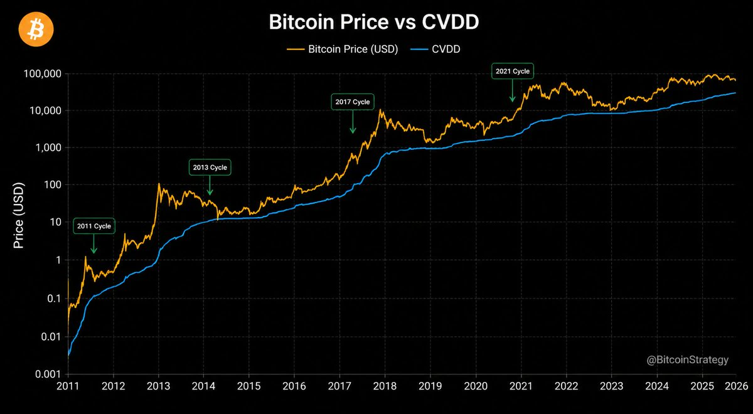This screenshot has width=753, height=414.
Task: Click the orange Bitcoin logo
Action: (36, 29)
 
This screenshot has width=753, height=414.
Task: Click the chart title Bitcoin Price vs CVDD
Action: (374, 22)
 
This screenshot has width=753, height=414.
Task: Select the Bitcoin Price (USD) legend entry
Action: (342, 49)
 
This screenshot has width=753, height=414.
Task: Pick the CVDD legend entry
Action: (435, 49)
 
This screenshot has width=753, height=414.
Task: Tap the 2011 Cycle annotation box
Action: (94, 226)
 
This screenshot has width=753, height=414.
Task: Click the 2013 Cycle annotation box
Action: (210, 167)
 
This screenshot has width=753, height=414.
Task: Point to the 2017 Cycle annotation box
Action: (352, 102)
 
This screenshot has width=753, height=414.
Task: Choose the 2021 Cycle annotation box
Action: (512, 72)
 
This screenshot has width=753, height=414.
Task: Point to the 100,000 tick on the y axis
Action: (43, 73)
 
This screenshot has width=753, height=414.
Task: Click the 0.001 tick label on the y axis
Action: (48, 374)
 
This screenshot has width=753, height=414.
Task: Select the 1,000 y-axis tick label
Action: (48, 147)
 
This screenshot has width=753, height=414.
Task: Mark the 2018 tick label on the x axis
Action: (385, 386)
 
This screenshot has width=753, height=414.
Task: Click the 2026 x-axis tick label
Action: (736, 386)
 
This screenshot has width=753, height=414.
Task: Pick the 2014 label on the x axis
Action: (203, 386)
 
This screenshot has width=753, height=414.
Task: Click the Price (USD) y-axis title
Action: (19, 215)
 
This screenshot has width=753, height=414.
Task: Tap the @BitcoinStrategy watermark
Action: (688, 360)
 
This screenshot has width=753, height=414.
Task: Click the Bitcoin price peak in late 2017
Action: (380, 110)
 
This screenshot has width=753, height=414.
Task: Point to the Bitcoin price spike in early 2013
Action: (159, 184)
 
